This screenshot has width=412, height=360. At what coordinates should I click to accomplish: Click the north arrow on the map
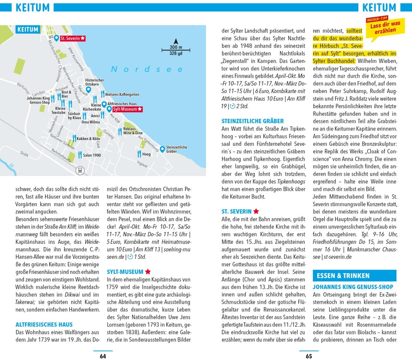175,41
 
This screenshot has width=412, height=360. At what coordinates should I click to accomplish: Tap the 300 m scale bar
175,50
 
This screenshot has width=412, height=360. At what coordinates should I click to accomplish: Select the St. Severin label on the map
72,38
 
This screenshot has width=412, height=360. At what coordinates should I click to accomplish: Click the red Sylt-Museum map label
127,109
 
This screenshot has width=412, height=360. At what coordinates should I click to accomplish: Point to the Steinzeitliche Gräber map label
176,149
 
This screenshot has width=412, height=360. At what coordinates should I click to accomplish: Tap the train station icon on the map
80,170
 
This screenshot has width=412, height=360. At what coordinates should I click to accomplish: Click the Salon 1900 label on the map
92,155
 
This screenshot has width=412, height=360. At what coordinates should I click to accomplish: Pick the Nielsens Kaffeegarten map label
122,94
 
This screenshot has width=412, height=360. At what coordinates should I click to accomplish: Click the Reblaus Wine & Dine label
133,131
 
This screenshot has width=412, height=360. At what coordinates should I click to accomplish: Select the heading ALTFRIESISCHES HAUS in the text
44,324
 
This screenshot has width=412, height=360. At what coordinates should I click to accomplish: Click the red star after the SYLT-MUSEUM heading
148,272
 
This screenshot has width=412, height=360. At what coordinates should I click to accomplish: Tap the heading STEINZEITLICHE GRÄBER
253,121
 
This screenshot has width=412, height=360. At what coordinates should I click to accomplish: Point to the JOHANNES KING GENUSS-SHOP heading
353,287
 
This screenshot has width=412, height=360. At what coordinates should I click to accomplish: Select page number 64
103,356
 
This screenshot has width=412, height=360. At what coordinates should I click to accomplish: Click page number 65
309,356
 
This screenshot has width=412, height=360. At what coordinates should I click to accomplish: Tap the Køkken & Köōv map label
88,139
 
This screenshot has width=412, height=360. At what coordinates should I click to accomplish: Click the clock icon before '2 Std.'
232,106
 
